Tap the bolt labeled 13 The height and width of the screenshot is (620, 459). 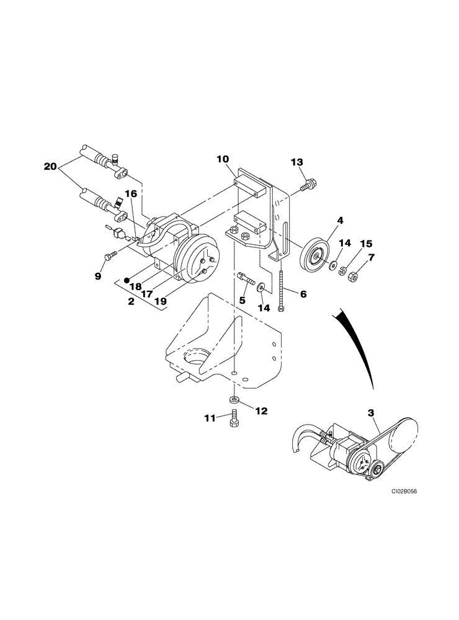308,185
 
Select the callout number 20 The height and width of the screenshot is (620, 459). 51,166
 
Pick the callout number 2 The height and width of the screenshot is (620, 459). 131,301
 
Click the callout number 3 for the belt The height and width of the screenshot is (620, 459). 371,412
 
